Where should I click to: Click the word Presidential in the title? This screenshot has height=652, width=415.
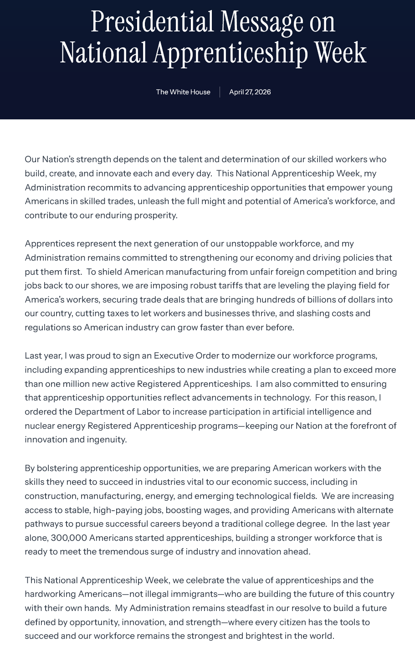pos(152,22)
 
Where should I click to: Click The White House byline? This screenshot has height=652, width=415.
pos(183,92)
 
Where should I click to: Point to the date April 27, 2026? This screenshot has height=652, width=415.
pos(250,92)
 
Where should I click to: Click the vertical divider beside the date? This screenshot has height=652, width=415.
pos(220,92)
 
